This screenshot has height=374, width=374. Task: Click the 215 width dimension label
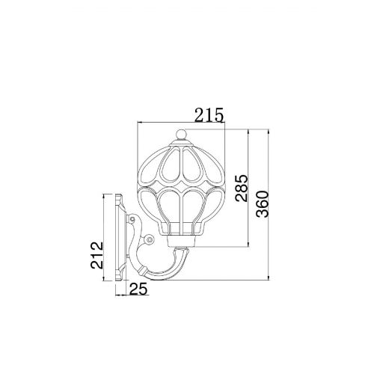pos(209,114)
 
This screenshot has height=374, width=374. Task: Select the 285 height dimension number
pos(241,188)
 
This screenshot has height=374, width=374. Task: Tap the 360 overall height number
pos(263,204)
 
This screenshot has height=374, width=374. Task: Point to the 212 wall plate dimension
pos(96,255)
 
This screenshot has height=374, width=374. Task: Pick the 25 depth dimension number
pos(138,289)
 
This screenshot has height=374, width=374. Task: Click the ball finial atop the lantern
pos(181,135)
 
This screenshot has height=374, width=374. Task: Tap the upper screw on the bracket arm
pos(131,220)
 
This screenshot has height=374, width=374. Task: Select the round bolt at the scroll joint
pos(150,239)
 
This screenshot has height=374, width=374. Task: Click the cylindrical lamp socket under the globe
pos(181,241)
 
